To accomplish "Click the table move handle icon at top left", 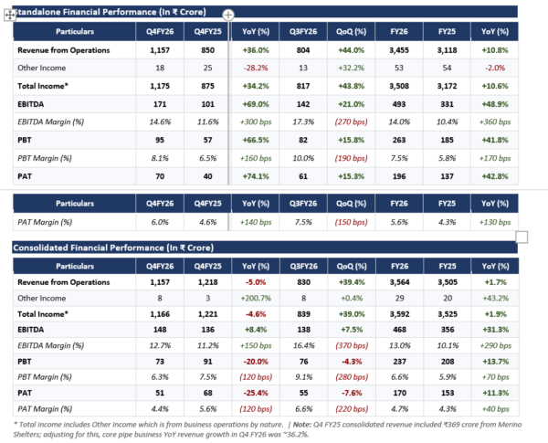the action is click(10, 15).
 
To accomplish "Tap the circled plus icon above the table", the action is click(228, 15).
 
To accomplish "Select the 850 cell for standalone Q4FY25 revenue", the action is click(207, 50).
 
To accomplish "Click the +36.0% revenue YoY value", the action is click(256, 50).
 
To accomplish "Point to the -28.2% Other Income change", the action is click(256, 69).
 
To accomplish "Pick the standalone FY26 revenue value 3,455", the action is click(399, 50).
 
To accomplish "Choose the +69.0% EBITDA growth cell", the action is click(256, 104).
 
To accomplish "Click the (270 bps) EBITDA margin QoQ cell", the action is click(352, 122).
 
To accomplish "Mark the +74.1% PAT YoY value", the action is click(256, 176).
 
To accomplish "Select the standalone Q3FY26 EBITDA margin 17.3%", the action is click(303, 122).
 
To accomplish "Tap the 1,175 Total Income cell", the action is click(160, 87).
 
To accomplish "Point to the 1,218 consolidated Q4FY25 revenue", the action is click(208, 282).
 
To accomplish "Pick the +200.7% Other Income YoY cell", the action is click(256, 299).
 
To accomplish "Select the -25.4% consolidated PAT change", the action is click(256, 394).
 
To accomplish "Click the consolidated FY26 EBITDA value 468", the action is click(399, 330).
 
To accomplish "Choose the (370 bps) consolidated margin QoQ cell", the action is click(352, 346).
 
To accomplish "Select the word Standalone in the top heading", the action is click(35, 12).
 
